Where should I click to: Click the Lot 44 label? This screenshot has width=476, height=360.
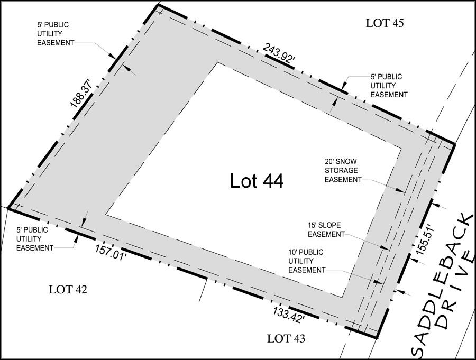257,181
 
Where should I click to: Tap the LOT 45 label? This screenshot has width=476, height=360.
385,23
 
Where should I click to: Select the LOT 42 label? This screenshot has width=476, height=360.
68,290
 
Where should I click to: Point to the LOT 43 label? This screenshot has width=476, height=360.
286,338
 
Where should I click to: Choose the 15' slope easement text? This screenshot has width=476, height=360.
326,230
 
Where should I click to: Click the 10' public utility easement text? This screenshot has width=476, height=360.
306,261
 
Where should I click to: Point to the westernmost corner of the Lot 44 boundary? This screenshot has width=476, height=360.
8,208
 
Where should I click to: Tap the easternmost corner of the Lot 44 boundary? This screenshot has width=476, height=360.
455,144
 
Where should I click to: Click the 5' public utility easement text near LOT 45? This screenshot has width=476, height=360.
389,86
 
